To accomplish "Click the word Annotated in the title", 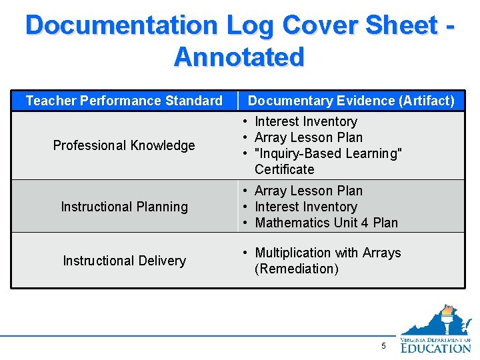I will pyautogui.click(x=239, y=57).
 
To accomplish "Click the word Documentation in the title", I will pyautogui.click(x=121, y=25).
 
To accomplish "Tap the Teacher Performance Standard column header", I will pyautogui.click(x=124, y=101).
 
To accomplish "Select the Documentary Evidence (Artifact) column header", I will pyautogui.click(x=351, y=101).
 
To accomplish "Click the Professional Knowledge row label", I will pyautogui.click(x=124, y=145).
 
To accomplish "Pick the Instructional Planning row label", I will pyautogui.click(x=124, y=207).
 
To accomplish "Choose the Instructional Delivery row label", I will pyautogui.click(x=124, y=261).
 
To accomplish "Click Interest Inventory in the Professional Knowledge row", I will pyautogui.click(x=306, y=121).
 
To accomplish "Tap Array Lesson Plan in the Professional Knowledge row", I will pyautogui.click(x=309, y=137).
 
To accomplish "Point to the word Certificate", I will pyautogui.click(x=284, y=169).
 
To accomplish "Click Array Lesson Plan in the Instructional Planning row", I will pyautogui.click(x=309, y=191).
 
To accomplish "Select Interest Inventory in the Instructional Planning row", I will pyautogui.click(x=306, y=207).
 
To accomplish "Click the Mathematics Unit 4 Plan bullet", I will pyautogui.click(x=326, y=223).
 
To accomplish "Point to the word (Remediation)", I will pyautogui.click(x=297, y=269).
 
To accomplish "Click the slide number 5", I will pyautogui.click(x=383, y=346).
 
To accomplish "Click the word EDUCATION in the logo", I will pyautogui.click(x=436, y=347).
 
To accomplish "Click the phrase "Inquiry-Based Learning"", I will pyautogui.click(x=328, y=153).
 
